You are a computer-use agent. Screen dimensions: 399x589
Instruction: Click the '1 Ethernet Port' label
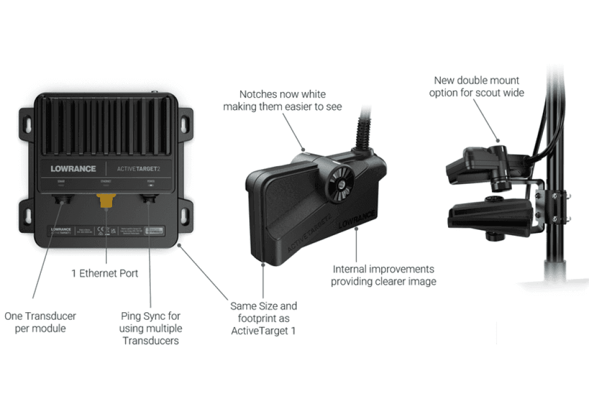[x=105, y=274]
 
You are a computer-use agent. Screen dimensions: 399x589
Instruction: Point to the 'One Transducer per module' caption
[x=40, y=323]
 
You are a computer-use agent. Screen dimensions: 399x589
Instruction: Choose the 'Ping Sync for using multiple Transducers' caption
[x=150, y=328]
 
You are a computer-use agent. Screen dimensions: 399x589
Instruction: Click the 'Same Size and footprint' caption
[x=263, y=319]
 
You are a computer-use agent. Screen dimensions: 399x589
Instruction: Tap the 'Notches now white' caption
[x=282, y=101]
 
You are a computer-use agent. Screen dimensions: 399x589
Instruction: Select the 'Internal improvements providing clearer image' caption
[x=383, y=275]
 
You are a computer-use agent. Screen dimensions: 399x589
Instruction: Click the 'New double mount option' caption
[x=476, y=86]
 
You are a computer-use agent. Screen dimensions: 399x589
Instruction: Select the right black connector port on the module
[x=151, y=199]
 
